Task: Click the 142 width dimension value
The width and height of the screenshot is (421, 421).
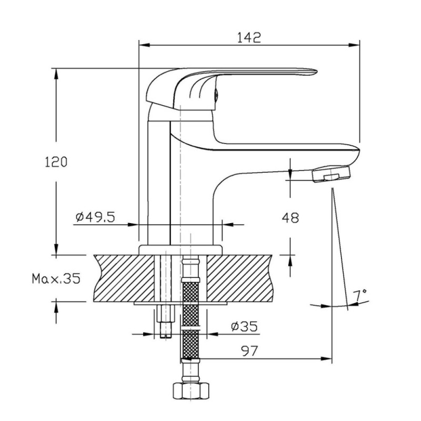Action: click(249, 37)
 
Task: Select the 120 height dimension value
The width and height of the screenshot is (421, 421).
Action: click(56, 162)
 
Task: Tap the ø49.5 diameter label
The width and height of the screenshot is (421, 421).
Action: click(95, 217)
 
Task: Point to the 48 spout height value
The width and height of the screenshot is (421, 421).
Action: click(290, 217)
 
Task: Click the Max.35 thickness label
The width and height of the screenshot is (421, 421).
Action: click(56, 278)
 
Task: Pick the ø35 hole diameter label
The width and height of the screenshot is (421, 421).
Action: click(244, 326)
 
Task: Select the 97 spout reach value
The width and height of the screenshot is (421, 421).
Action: click(249, 351)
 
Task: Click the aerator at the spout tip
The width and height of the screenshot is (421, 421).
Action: click(332, 174)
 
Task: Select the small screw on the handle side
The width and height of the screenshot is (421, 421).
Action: click(216, 95)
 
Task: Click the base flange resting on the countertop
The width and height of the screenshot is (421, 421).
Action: click(181, 250)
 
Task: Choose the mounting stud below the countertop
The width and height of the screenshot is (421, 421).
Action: click(165, 322)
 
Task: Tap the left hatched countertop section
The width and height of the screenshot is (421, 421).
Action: click(124, 278)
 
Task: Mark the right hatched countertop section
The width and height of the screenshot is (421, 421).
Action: click(239, 278)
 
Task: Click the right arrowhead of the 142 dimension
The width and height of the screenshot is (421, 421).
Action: click(354, 45)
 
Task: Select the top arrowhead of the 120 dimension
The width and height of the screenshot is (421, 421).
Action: click(56, 74)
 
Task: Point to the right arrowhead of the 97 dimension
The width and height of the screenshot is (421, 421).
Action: click(326, 359)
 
